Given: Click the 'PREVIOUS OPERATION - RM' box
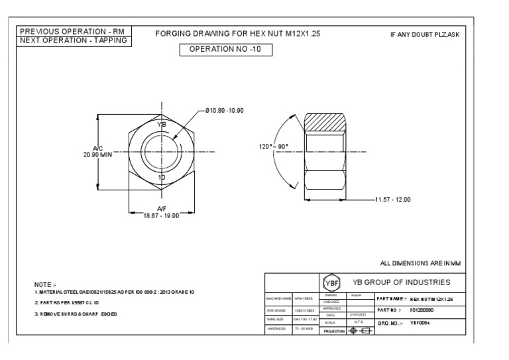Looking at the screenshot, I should click(x=75, y=31).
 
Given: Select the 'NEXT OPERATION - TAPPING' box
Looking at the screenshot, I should click(x=75, y=40).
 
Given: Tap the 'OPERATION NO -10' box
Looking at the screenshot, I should click(x=226, y=50).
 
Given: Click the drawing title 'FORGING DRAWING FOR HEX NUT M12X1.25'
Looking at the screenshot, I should click(x=237, y=32).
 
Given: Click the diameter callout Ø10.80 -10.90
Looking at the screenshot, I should click(x=225, y=109).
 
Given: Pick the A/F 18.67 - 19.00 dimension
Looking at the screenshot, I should click(x=161, y=211).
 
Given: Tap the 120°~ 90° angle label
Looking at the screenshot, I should click(x=273, y=147).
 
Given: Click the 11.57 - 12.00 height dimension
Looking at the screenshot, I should click(x=394, y=199).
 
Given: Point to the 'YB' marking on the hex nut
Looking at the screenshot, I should click(x=162, y=124).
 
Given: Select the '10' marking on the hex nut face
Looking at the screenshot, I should click(x=161, y=178).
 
